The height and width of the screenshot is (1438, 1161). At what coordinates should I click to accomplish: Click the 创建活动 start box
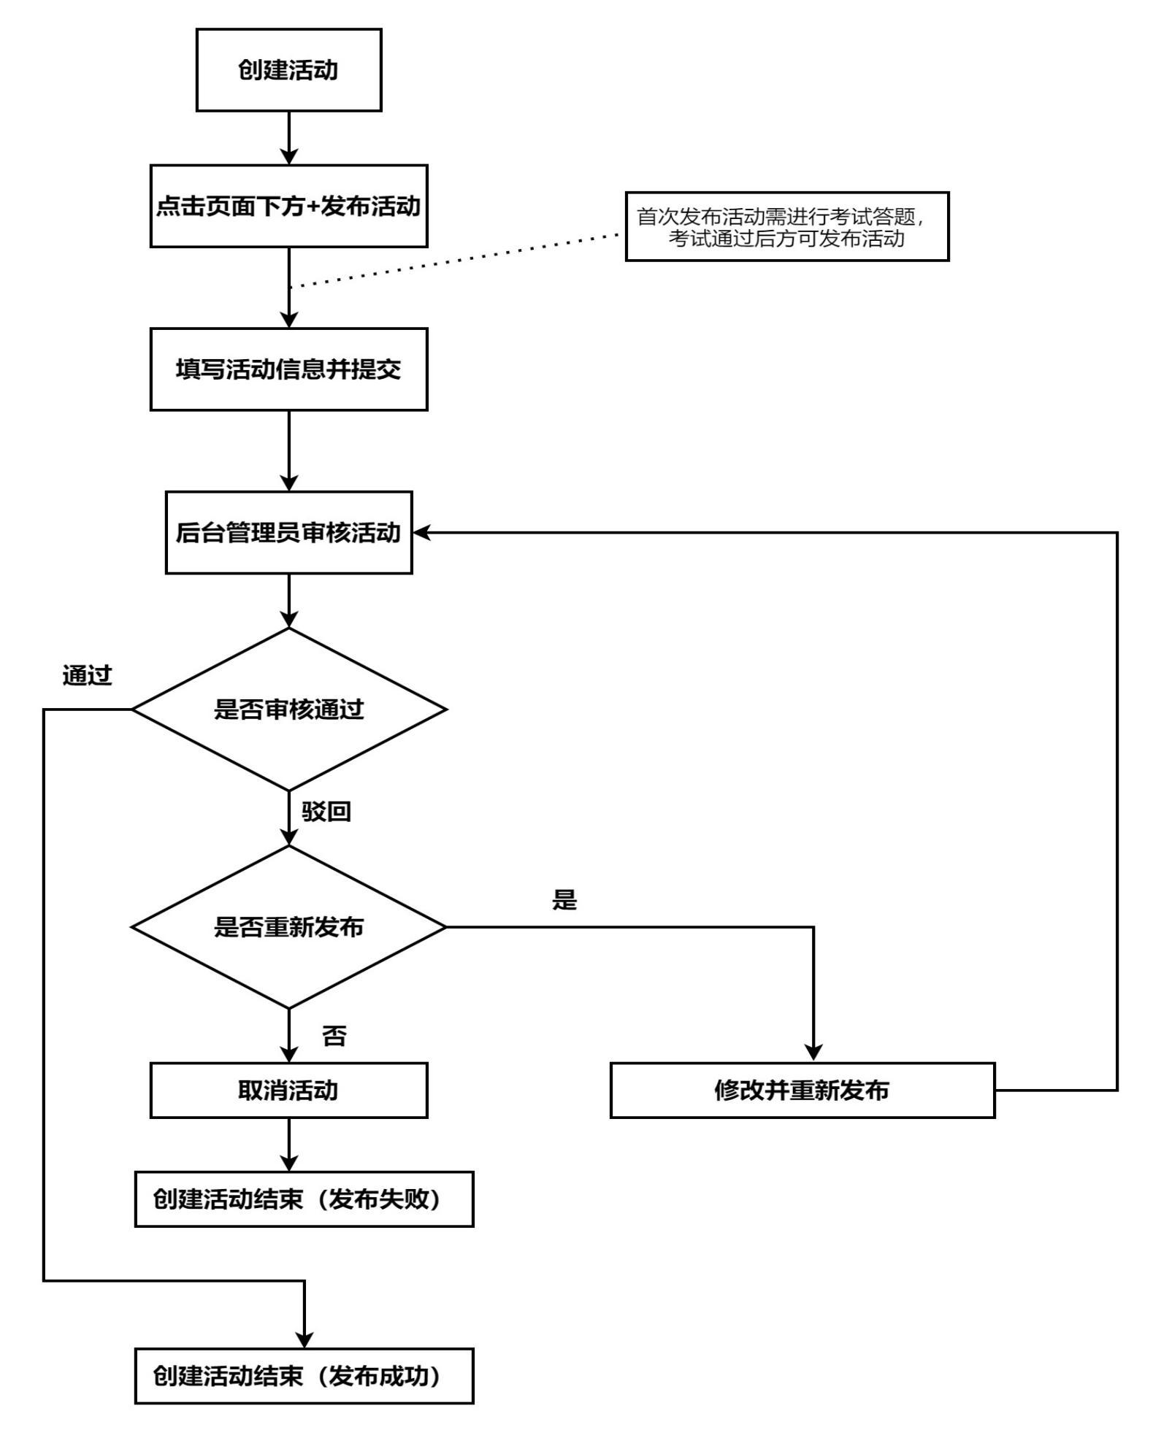(288, 70)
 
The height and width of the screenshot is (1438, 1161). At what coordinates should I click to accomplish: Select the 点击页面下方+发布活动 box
(288, 207)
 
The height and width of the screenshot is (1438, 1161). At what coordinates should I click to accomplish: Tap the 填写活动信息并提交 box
(288, 369)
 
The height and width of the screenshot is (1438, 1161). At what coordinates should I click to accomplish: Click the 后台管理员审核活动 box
(288, 533)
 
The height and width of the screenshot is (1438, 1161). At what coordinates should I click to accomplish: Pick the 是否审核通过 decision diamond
(288, 710)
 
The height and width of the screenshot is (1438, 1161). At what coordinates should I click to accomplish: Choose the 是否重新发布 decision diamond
(288, 927)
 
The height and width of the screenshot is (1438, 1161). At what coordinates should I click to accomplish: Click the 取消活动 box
(288, 1091)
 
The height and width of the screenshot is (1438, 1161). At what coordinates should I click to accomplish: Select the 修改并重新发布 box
(802, 1091)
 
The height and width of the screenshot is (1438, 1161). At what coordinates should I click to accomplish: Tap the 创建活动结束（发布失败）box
(304, 1199)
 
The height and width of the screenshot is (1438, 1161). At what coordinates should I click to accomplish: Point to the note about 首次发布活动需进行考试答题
(786, 227)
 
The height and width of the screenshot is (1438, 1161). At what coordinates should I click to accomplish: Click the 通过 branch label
(88, 676)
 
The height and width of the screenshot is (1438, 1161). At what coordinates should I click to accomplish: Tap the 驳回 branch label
(326, 811)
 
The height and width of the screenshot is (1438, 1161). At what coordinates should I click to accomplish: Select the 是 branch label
(564, 900)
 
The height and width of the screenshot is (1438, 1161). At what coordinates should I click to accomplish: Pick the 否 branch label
(334, 1036)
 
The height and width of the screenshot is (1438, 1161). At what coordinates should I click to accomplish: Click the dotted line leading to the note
(453, 260)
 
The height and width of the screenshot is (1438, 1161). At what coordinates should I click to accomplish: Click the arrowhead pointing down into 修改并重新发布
(813, 1053)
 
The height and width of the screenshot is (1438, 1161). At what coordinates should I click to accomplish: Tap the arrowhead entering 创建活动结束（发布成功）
(304, 1339)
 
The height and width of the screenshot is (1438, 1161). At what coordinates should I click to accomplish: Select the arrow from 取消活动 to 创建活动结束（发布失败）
(289, 1144)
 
